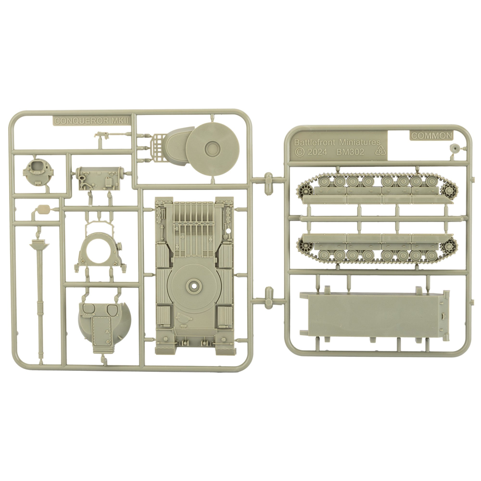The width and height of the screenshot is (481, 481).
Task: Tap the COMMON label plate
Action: [x=431, y=136]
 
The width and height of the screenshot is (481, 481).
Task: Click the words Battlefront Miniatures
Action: [x=337, y=142]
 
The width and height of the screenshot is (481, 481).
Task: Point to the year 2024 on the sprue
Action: [x=317, y=152]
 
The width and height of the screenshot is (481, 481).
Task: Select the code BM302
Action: [x=350, y=152]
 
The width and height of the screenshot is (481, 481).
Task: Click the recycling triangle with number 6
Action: [x=380, y=151]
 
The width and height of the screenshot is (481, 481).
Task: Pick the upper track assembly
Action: [x=377, y=188]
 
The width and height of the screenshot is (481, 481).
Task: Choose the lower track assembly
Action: [x=377, y=249]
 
